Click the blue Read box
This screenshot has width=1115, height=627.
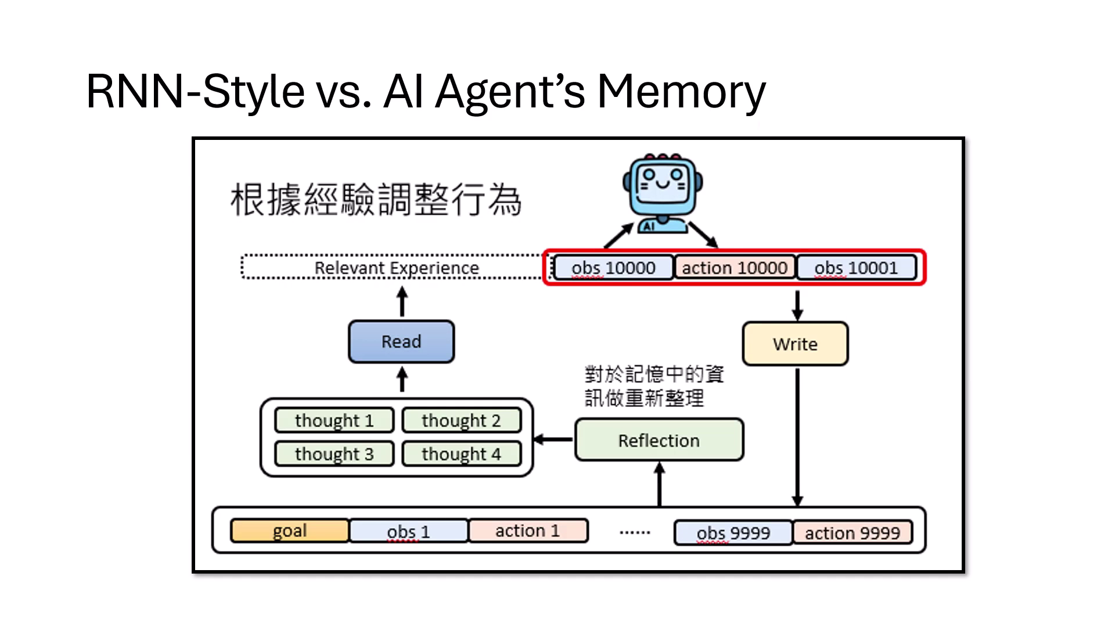click(x=401, y=341)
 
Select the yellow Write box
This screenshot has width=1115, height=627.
click(x=795, y=344)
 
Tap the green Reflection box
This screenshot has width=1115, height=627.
click(x=659, y=440)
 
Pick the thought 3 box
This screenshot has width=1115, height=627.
click(x=334, y=453)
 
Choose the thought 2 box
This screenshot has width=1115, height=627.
click(x=461, y=420)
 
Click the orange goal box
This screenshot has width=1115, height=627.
click(x=289, y=531)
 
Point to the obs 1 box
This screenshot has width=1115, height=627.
click(x=408, y=531)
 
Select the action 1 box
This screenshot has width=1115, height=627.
click(x=527, y=531)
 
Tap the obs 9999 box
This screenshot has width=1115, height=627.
click(x=733, y=532)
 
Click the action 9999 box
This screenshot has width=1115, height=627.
click(x=852, y=532)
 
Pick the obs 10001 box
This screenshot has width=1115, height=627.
click(x=856, y=268)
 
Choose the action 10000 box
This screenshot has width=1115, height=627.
click(x=734, y=268)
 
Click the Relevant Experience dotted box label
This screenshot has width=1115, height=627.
click(x=397, y=268)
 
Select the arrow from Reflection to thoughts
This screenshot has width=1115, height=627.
click(x=553, y=439)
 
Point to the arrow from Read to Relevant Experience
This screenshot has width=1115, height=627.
click(x=402, y=302)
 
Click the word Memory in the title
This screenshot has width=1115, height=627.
click(x=681, y=92)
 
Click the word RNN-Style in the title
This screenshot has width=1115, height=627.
click(x=195, y=92)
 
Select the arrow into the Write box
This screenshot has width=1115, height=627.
click(x=797, y=305)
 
